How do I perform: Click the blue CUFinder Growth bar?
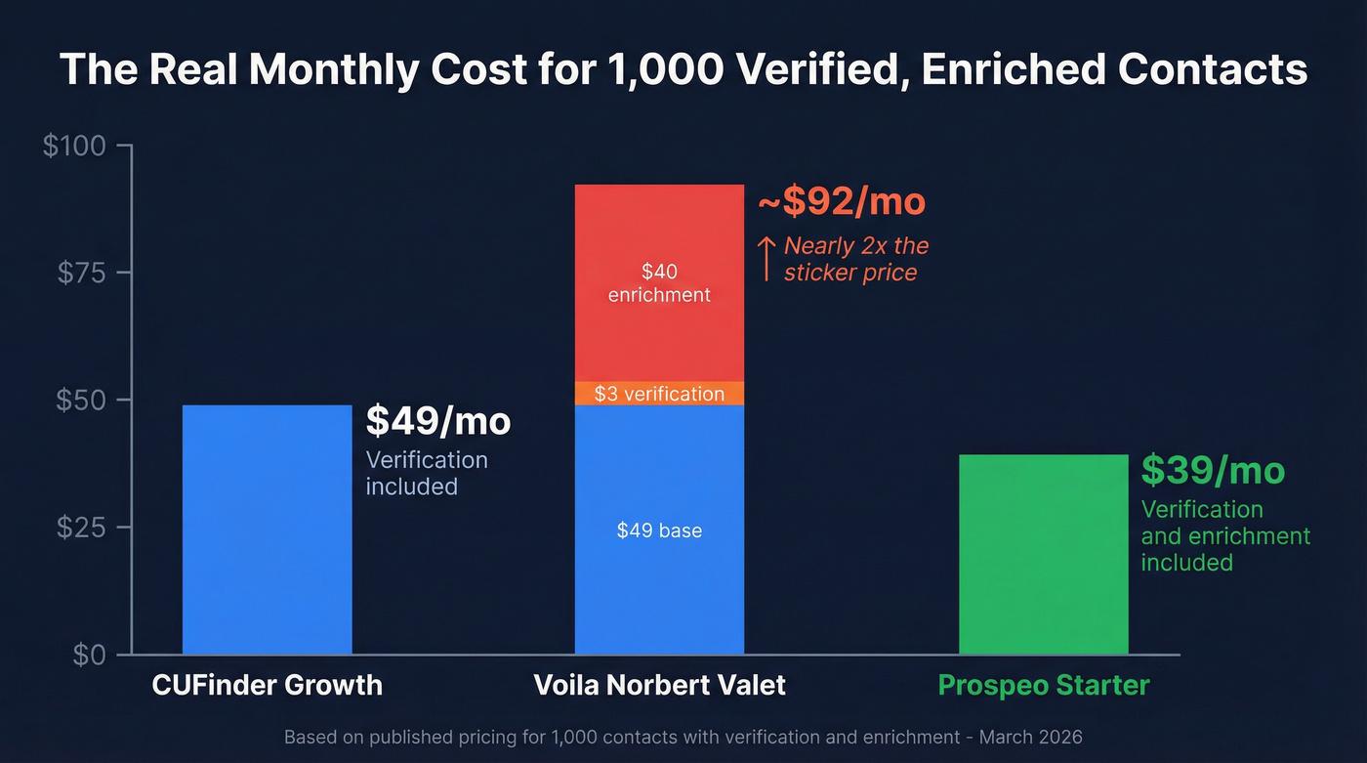tap(267, 529)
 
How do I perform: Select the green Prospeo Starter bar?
tap(1043, 554)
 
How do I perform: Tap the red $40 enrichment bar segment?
tap(659, 282)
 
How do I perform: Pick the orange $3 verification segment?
tap(659, 394)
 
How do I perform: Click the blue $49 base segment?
tap(659, 530)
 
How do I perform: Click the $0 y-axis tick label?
tap(92, 655)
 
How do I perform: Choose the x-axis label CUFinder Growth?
tap(267, 685)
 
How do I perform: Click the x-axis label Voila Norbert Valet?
tap(659, 685)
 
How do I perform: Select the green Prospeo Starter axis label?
tap(1043, 685)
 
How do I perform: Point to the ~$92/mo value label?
tap(841, 201)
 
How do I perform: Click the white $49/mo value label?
tap(437, 421)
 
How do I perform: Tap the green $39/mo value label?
tap(1213, 471)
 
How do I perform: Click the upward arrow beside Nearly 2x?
tap(767, 258)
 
